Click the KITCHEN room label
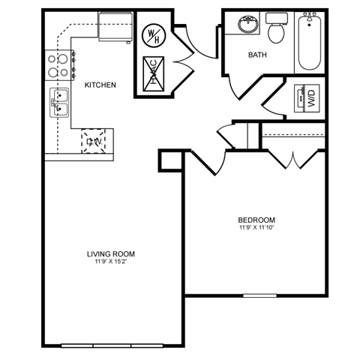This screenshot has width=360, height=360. pyautogui.click(x=100, y=85)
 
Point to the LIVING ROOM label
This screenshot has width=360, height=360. pyautogui.click(x=111, y=253)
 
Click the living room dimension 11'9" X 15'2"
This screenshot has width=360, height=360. pyautogui.click(x=111, y=262)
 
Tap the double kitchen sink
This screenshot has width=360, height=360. pyautogui.click(x=59, y=104)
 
